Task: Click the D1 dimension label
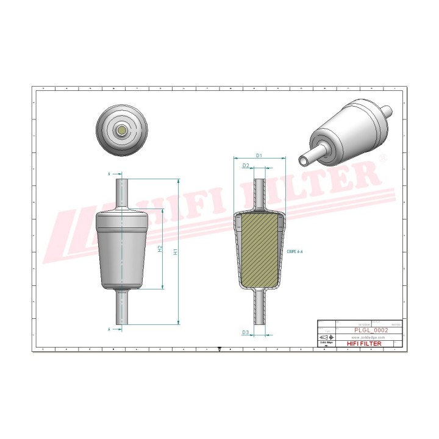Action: click(x=259, y=155)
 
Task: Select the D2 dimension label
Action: click(x=246, y=165)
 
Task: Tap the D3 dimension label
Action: click(x=245, y=332)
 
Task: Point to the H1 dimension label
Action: click(x=175, y=252)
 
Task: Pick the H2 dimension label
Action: click(x=159, y=249)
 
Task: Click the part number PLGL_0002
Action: click(x=371, y=329)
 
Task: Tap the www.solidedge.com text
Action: click(x=369, y=337)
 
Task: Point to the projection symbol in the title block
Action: click(x=327, y=337)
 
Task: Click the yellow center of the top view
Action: click(x=123, y=130)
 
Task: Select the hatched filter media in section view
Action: click(x=260, y=250)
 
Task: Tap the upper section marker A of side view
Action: click(x=109, y=174)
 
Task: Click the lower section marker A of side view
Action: click(x=109, y=329)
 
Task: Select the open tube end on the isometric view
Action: click(x=304, y=160)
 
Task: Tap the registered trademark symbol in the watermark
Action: click(x=383, y=158)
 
